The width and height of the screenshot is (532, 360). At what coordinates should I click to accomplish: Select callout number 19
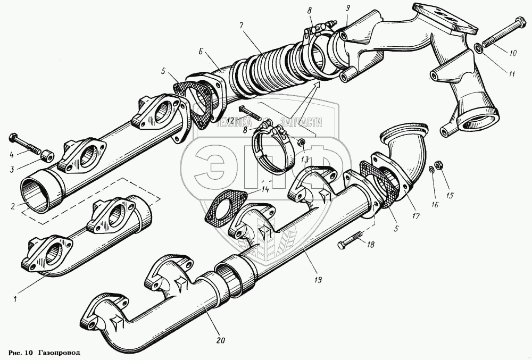click(318, 278)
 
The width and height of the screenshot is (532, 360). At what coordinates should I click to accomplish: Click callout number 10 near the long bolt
click(512, 53)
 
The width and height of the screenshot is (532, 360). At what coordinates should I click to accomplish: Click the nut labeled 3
click(47, 155)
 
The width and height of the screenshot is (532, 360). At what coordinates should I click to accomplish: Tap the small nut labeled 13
click(301, 142)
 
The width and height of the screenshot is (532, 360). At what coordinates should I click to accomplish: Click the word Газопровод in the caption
click(60, 353)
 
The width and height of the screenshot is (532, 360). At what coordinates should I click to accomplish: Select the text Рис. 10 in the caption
click(21, 353)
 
